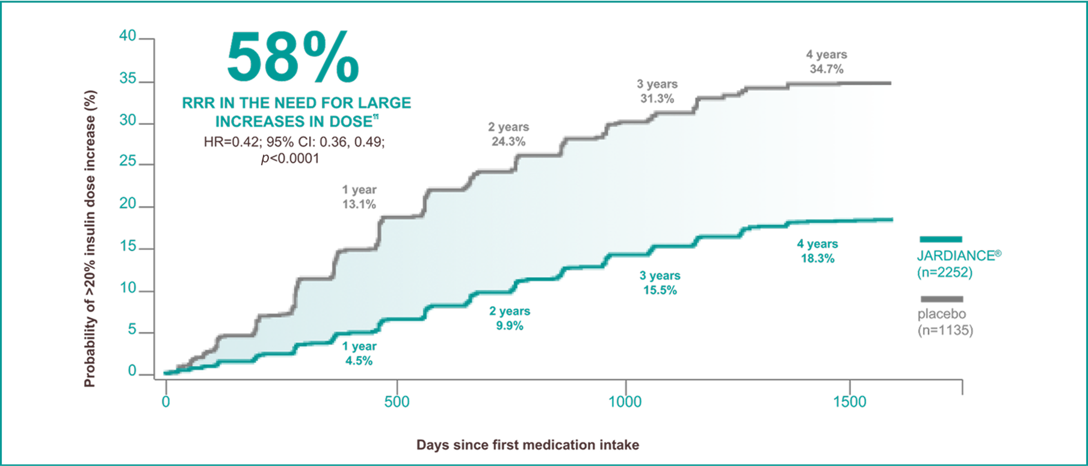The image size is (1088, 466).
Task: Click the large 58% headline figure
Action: (x=293, y=58)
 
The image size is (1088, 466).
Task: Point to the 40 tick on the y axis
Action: (x=128, y=35)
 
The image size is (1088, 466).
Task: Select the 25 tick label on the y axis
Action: (x=128, y=161)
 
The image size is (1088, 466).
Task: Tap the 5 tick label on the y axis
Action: (x=132, y=329)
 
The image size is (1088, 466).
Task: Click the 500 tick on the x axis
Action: (x=397, y=402)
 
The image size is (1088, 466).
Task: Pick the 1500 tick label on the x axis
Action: (x=849, y=402)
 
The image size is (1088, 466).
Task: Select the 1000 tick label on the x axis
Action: (x=625, y=402)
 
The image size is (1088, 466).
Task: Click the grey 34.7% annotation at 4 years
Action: (x=826, y=69)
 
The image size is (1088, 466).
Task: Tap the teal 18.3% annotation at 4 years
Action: (x=817, y=259)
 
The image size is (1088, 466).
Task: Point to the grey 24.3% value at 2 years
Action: (x=508, y=142)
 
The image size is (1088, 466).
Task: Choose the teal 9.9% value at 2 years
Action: (x=509, y=326)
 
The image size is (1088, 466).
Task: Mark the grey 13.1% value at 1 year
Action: (x=359, y=204)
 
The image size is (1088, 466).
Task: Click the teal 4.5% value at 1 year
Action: (x=359, y=361)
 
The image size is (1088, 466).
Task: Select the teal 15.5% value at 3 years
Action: (x=660, y=290)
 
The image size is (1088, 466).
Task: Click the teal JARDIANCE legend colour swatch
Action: (x=941, y=239)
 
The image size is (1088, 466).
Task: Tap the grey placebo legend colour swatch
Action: (x=941, y=299)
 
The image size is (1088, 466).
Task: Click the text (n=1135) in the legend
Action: (x=945, y=330)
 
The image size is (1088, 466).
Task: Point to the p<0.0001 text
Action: (x=290, y=159)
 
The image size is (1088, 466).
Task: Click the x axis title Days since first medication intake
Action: (x=527, y=445)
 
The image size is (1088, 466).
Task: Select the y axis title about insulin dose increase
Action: (x=90, y=238)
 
